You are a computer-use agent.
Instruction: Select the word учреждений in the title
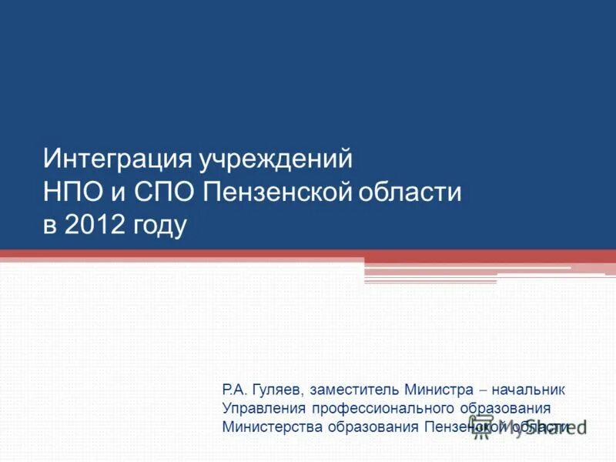pyautogui.click(x=276, y=159)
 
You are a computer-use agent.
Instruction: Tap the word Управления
pyautogui.click(x=263, y=408)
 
